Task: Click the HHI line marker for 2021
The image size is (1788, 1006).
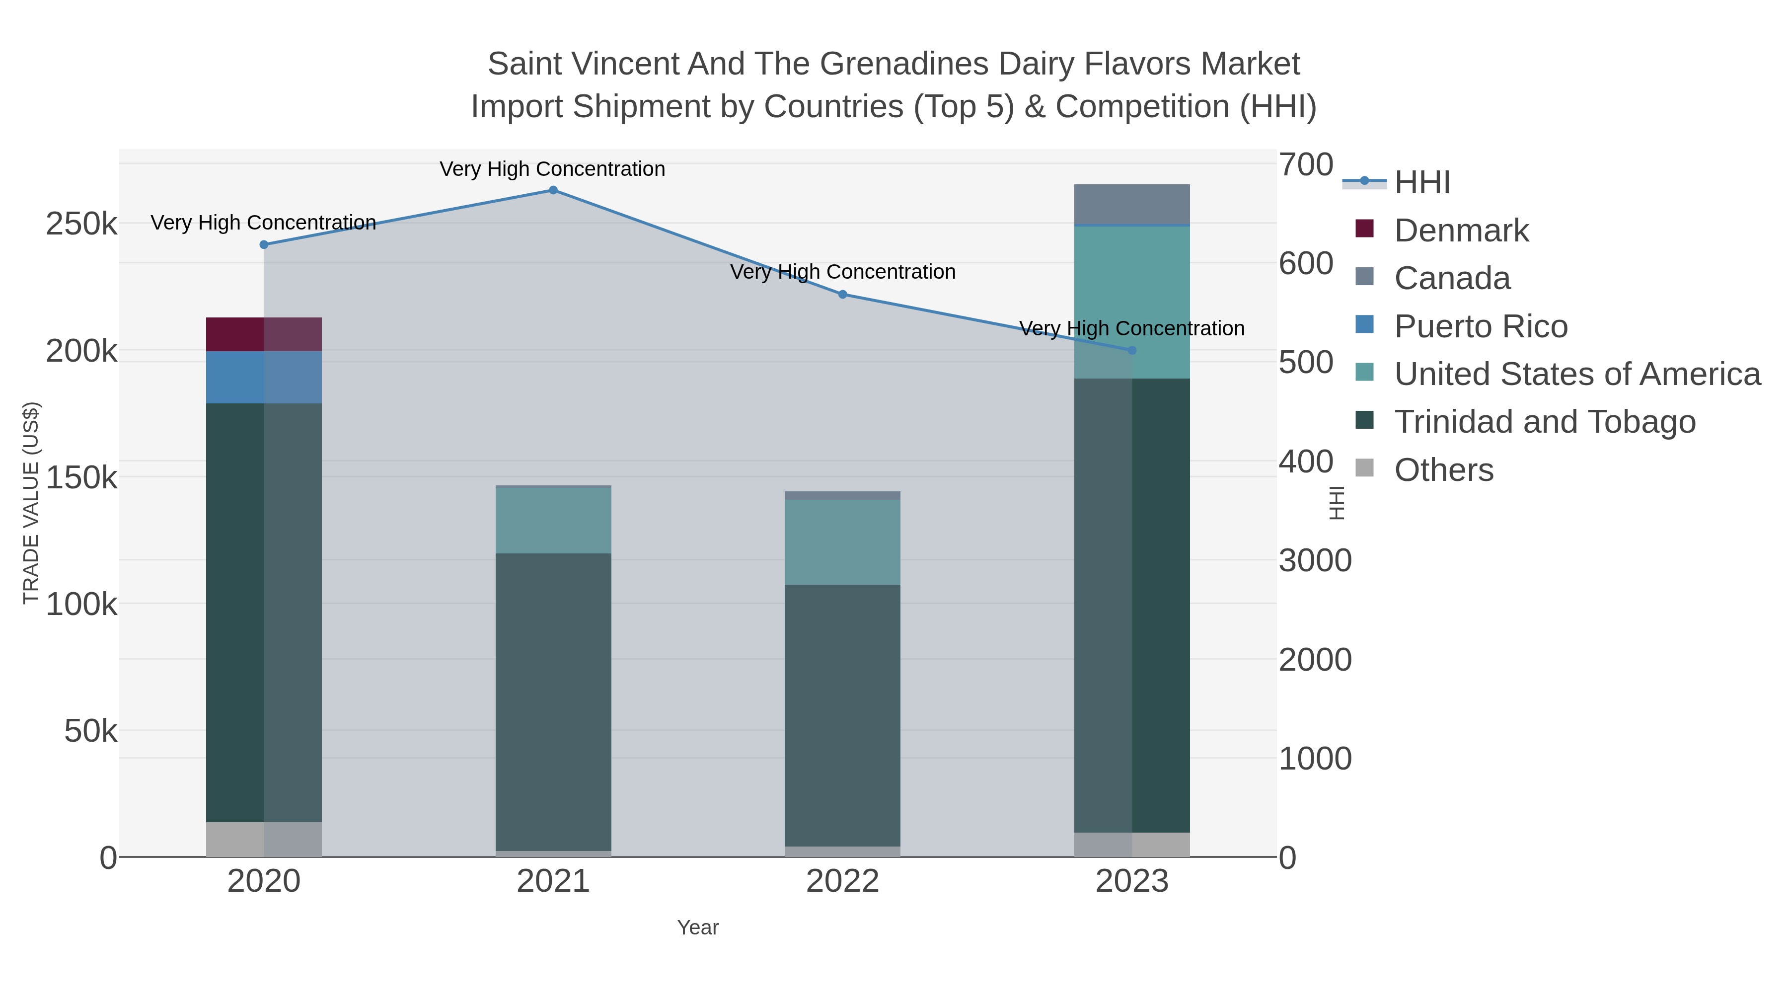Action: (553, 190)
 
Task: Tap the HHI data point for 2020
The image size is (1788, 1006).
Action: (264, 244)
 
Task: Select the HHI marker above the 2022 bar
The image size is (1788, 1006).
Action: (843, 295)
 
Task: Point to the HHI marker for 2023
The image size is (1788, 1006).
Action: (1132, 351)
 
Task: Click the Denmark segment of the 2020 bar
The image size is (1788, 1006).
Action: (264, 335)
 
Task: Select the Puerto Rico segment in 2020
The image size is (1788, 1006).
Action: (264, 377)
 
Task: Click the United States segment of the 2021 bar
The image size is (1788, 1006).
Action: (553, 520)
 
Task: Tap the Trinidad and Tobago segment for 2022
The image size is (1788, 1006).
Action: (843, 715)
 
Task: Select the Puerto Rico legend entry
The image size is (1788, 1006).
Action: (1480, 326)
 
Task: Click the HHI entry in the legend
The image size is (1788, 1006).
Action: (1421, 183)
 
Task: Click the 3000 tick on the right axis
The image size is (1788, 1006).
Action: (1315, 560)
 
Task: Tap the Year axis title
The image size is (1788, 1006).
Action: (698, 928)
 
